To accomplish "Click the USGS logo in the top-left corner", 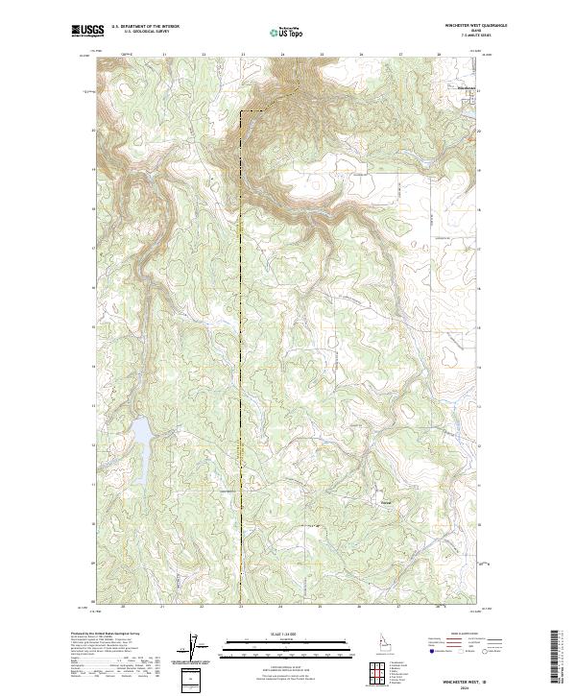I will click(85, 30).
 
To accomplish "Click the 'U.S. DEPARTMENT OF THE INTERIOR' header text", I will click(145, 27).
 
